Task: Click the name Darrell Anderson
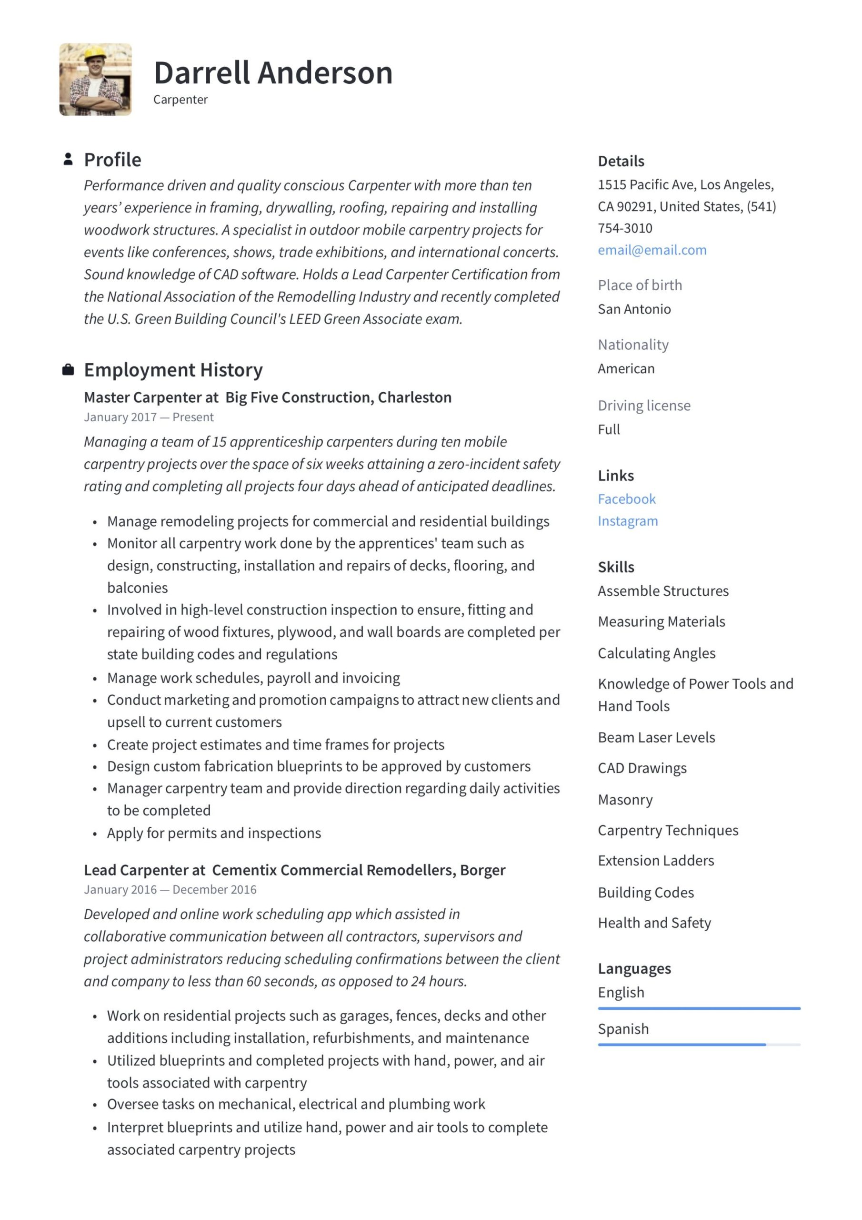[273, 73]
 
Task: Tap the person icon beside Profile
[68, 159]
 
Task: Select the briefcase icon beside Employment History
[68, 370]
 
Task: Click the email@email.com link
[652, 250]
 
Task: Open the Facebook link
[627, 499]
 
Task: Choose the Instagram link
[628, 521]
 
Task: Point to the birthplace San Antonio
[634, 309]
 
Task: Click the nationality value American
[626, 369]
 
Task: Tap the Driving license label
[644, 406]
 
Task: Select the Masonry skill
[625, 800]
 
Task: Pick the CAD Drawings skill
[642, 768]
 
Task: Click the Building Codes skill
[646, 893]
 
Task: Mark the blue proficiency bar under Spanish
[682, 1045]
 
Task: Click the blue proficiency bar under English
[699, 1008]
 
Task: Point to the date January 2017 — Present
[149, 417]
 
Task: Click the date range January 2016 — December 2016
[170, 890]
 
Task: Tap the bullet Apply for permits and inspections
[214, 833]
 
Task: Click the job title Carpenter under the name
[180, 100]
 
